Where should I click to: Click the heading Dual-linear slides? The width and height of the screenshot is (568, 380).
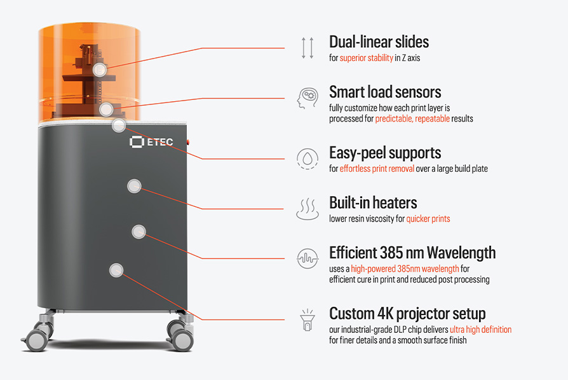(379, 42)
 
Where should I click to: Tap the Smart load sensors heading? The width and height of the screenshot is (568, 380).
(385, 92)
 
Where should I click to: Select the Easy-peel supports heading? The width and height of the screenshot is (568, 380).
(385, 153)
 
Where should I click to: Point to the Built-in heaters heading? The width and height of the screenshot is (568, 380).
(373, 203)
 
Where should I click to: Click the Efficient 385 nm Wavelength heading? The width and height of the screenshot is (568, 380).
(412, 253)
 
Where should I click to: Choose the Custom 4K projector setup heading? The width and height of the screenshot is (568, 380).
(407, 314)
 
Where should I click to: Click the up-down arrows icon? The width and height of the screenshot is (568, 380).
(308, 48)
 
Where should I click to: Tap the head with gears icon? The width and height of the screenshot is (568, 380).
(308, 98)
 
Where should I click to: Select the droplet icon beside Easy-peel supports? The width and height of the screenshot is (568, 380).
(308, 158)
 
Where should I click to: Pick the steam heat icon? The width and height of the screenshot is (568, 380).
(308, 209)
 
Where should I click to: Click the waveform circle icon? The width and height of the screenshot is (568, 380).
(308, 258)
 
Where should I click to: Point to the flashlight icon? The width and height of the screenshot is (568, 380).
(308, 320)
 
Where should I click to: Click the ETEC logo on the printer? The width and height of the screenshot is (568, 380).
(151, 142)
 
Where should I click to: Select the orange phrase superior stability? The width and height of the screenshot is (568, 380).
(366, 58)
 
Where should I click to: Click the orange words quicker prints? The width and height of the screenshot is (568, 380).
(428, 219)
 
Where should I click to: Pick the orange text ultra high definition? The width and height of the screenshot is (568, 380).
(481, 330)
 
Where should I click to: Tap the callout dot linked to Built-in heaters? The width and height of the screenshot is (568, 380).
(135, 186)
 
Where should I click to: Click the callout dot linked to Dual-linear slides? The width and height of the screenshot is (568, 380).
(100, 69)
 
